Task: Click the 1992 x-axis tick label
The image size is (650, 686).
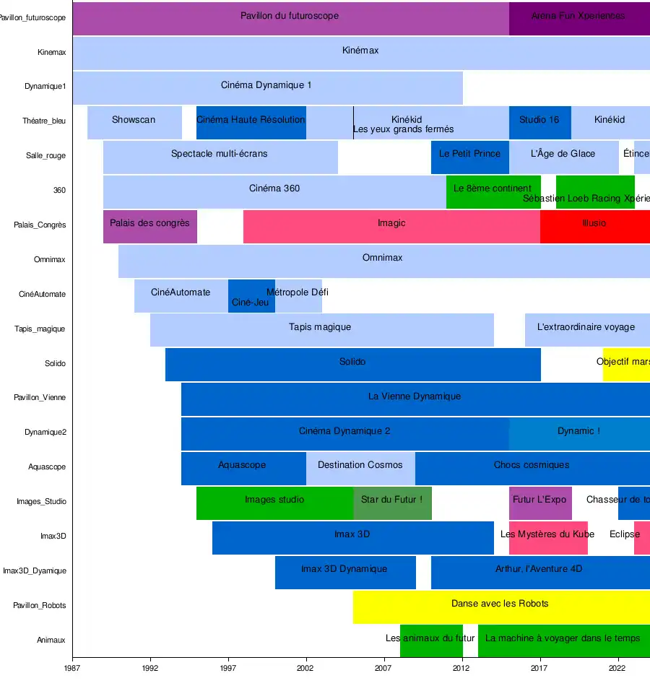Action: click(x=150, y=669)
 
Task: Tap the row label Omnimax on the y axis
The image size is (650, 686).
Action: click(x=50, y=260)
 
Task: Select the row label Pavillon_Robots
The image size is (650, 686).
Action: click(x=40, y=605)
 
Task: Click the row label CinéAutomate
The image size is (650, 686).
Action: click(x=43, y=295)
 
